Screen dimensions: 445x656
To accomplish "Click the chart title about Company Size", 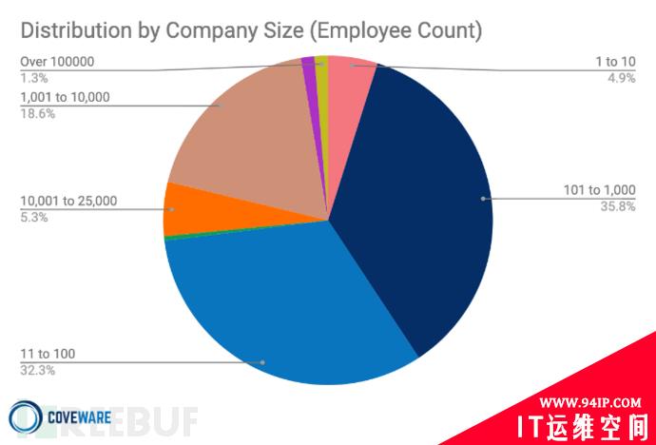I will tap(251, 30).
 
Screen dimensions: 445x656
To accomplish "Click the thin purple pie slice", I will tap(308, 65).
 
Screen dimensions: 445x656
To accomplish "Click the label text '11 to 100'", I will tap(48, 355).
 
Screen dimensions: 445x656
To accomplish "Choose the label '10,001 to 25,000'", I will tap(68, 201).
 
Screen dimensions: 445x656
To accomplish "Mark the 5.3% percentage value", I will tap(33, 217).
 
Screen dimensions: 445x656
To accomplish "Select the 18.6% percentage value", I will tap(37, 112).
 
